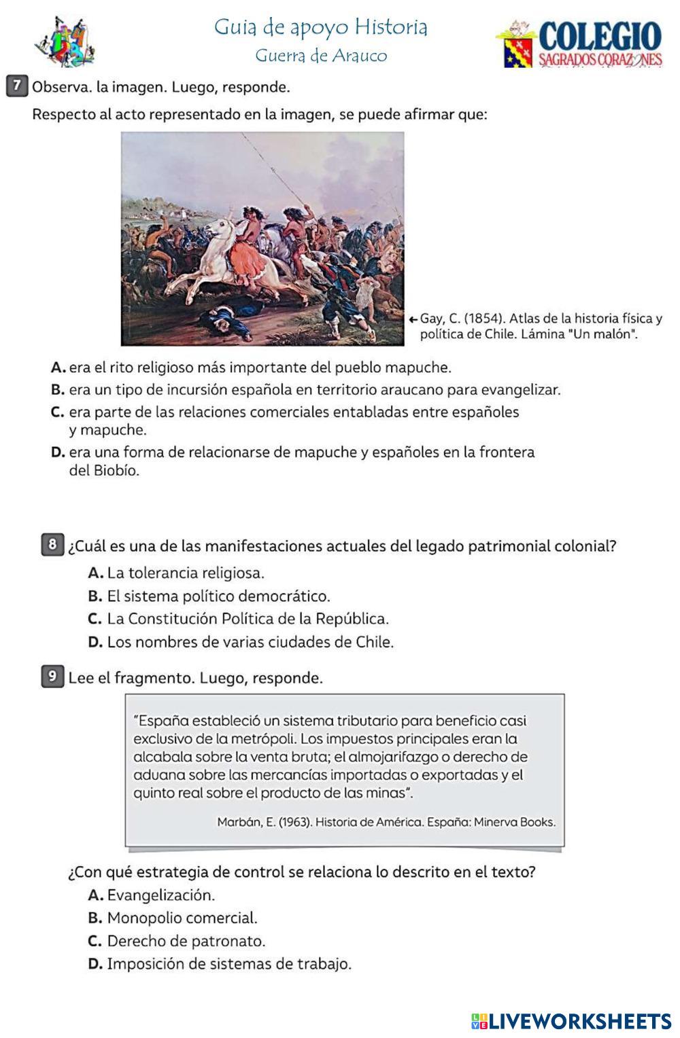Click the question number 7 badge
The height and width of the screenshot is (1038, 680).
tap(18, 86)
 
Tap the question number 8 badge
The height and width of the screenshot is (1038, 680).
tap(52, 545)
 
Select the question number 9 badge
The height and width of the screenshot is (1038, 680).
tap(52, 677)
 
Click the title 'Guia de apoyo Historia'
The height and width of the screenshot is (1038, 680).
tap(321, 27)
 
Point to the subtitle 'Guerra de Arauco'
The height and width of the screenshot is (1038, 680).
tap(321, 56)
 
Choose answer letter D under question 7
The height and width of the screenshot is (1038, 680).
tap(58, 452)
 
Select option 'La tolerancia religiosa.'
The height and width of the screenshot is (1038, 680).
tap(185, 573)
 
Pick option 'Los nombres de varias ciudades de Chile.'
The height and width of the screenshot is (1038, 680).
tap(250, 642)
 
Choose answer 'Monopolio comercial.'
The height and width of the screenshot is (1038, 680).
tap(182, 918)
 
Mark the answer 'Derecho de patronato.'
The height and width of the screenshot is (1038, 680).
tap(186, 941)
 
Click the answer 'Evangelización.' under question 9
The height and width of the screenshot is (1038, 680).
tap(160, 895)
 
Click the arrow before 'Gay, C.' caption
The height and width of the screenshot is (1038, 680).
tap(413, 318)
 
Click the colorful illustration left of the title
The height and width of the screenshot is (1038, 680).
tap(65, 42)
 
